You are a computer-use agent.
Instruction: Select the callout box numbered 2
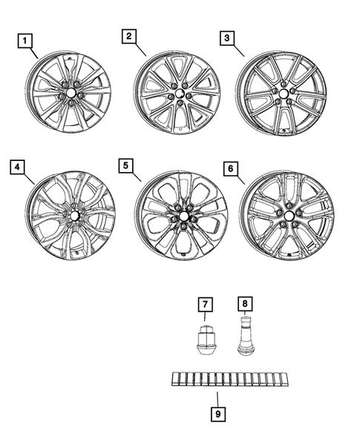[129, 36]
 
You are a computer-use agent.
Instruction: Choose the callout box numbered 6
[232, 169]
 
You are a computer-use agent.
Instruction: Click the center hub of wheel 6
[286, 215]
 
